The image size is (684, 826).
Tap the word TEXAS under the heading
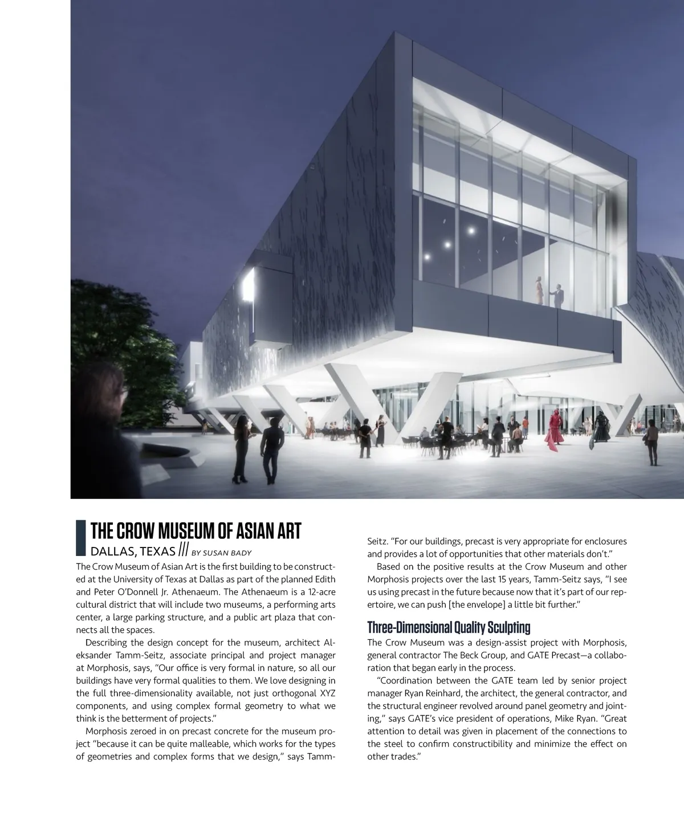pos(157,551)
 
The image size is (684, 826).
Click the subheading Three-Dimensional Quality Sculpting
pos(449,628)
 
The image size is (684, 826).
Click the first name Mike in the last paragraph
pos(565,719)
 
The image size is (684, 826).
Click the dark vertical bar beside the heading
pos(81,537)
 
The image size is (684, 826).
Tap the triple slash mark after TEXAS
pos(183,550)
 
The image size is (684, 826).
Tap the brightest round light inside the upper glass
pos(471,230)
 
